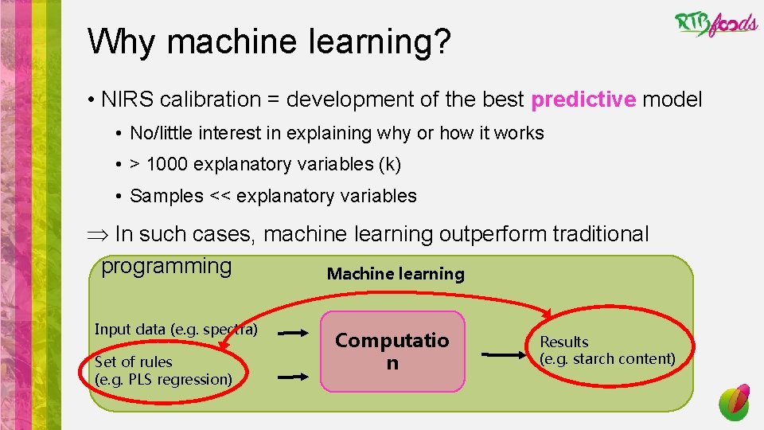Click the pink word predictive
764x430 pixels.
point(583,100)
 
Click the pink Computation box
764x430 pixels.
point(392,351)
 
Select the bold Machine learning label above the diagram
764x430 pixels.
point(396,274)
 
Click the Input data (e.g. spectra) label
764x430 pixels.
point(176,329)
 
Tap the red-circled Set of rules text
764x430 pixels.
point(133,362)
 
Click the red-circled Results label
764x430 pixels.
point(564,342)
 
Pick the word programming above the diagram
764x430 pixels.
point(166,265)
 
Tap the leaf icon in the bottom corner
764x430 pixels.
point(735,402)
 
